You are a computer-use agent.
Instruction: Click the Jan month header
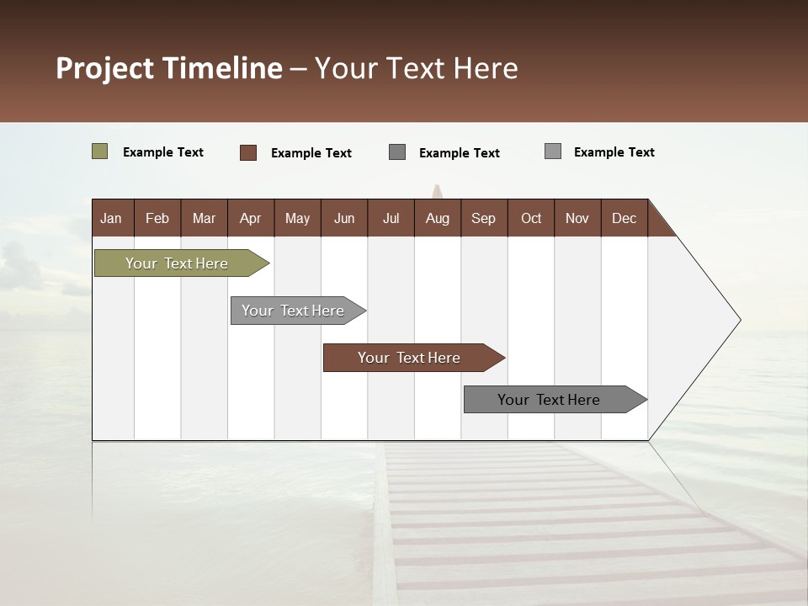coord(111,218)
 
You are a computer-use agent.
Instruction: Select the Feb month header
coord(157,218)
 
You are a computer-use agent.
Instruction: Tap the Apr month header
coord(250,218)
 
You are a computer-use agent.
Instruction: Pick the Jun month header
coord(344,218)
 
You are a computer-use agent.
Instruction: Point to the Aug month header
coord(437,218)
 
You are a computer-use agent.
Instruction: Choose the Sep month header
coord(483,218)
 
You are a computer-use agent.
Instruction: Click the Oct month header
coord(531,218)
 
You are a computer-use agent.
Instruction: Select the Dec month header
coord(624,218)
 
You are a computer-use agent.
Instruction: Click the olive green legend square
coord(99,151)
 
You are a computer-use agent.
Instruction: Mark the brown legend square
coord(247,152)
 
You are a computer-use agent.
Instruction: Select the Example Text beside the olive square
coord(163,152)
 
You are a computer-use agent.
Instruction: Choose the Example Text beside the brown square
coord(311,153)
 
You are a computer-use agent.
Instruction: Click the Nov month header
coord(577,218)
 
